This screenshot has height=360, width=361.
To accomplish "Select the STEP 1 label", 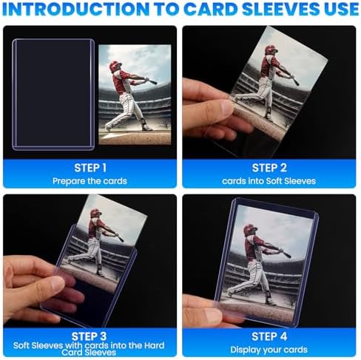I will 90,168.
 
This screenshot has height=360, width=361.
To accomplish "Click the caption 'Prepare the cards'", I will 90,180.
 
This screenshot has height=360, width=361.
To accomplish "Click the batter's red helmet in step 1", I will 115,67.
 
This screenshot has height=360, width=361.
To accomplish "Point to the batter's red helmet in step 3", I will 95,214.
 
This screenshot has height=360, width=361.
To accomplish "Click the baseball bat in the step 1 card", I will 144,79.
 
